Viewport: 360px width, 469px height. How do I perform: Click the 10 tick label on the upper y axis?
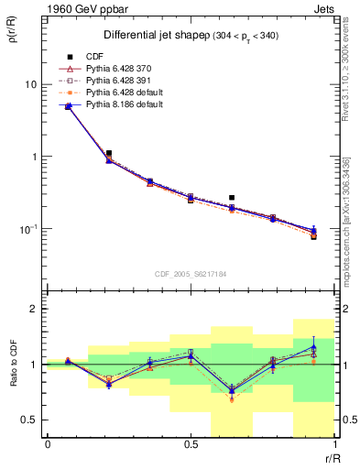pos(30,84)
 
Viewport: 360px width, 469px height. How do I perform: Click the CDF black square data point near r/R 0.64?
pos(232,197)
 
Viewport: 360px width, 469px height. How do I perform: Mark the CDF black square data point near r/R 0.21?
pos(109,153)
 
